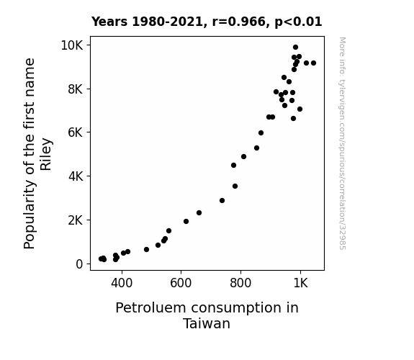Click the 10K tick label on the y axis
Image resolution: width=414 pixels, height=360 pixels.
[72, 45]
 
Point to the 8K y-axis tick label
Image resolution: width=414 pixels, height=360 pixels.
[76, 89]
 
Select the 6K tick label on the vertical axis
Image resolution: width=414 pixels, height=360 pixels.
[76, 132]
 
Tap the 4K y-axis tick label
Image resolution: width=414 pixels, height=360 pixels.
[76, 176]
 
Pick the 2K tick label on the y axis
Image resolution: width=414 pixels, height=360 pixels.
[76, 220]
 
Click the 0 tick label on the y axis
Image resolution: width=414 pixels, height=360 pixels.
[79, 264]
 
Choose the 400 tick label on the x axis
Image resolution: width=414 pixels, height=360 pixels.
[122, 283]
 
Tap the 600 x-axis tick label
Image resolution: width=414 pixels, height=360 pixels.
[181, 283]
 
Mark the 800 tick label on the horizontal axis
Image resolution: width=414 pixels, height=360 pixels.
[240, 283]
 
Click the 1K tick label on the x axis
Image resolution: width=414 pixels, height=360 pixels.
[300, 283]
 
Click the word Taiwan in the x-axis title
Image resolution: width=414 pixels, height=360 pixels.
[207, 323]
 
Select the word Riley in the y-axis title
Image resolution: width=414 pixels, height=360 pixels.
[46, 154]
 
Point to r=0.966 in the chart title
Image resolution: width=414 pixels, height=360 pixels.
[239, 22]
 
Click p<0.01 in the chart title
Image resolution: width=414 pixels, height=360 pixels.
[298, 22]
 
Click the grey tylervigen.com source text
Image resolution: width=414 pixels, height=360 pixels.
[343, 143]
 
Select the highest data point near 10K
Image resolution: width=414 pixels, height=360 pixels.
[295, 48]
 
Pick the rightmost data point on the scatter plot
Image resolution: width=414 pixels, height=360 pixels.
[313, 63]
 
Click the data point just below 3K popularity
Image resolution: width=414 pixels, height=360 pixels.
[222, 200]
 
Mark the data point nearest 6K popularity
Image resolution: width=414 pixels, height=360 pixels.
[261, 133]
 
